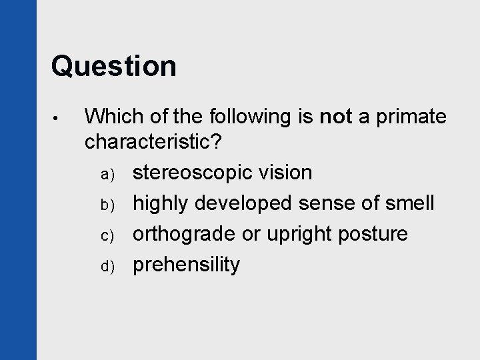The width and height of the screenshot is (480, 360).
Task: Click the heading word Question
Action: click(x=113, y=66)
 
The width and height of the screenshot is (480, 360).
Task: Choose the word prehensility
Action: click(x=186, y=265)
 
